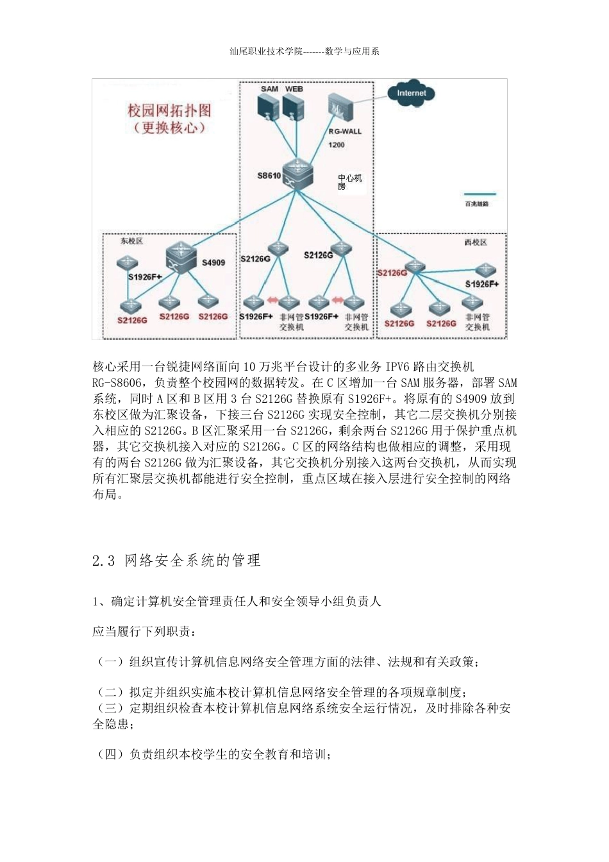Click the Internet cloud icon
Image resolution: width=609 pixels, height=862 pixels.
(411, 93)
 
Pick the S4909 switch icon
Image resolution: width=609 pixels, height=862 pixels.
(182, 259)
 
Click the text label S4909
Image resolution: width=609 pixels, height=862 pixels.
(213, 262)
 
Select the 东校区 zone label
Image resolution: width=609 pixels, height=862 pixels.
(131, 241)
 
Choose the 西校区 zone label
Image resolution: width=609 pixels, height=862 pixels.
(475, 242)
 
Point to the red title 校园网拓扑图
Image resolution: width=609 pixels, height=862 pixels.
(169, 110)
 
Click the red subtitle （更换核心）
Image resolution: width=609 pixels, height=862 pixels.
(170, 127)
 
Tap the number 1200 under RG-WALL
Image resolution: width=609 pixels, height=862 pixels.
(337, 145)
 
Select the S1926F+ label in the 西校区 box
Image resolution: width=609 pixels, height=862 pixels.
(482, 284)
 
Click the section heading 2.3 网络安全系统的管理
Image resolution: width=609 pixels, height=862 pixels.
(176, 561)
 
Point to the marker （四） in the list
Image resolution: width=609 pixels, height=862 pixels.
(110, 755)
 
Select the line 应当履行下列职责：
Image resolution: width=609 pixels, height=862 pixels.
(144, 632)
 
